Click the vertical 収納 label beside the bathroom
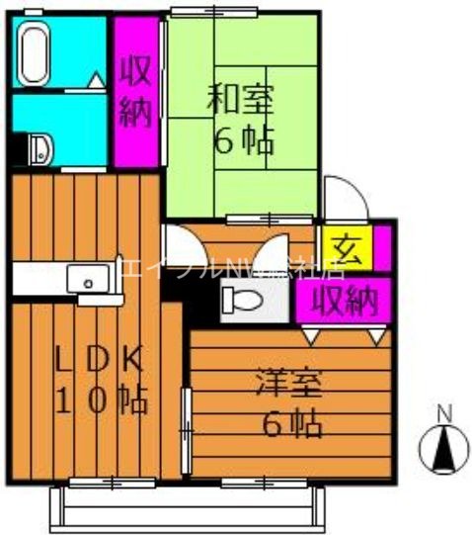coord(135,92)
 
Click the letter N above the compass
coord(443,413)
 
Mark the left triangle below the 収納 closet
coord(312,337)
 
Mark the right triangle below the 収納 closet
coord(376,337)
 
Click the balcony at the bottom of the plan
coord(187,505)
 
